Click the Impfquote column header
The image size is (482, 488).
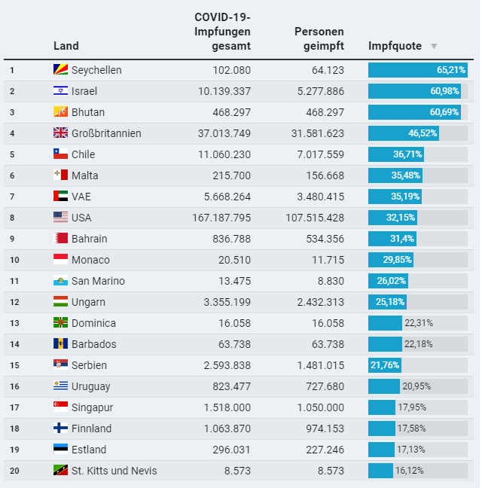[395, 46]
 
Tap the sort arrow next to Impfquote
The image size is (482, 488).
[434, 47]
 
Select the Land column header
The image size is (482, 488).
[66, 46]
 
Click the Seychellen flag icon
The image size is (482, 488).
[61, 70]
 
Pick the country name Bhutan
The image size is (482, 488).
[88, 112]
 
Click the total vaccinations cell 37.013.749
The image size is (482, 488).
[219, 133]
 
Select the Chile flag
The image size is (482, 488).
[61, 154]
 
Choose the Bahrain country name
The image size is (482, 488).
[89, 239]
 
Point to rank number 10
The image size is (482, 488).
[13, 260]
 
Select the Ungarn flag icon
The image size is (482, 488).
[61, 302]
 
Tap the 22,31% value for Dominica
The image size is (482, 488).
[419, 323]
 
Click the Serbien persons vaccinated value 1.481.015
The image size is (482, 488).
[320, 365]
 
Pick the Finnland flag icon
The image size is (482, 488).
[61, 429]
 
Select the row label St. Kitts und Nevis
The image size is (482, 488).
[114, 471]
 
